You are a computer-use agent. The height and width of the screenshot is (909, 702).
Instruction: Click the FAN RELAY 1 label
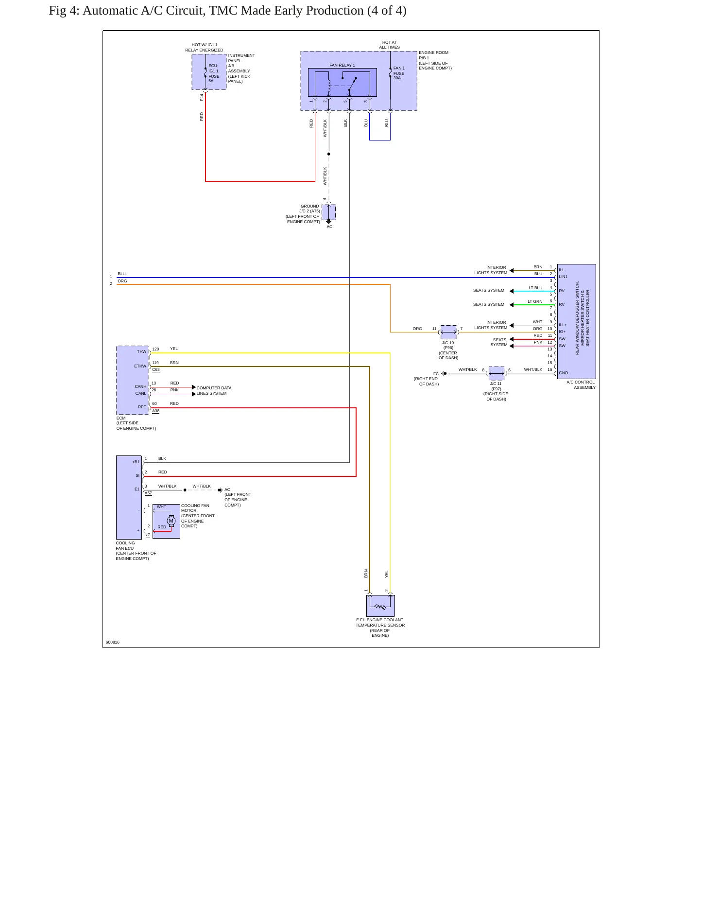pyautogui.click(x=342, y=65)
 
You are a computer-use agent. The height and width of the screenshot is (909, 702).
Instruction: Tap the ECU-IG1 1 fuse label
pyautogui.click(x=214, y=73)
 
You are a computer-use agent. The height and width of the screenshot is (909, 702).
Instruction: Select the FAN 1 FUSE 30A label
pyautogui.click(x=399, y=73)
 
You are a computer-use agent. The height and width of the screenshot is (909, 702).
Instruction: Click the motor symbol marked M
pyautogui.click(x=171, y=521)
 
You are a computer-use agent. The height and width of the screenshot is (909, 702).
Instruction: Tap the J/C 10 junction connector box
pyautogui.click(x=448, y=332)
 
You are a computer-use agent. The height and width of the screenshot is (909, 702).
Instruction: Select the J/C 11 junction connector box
pyautogui.click(x=497, y=373)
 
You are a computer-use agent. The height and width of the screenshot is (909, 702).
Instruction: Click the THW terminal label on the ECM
pyautogui.click(x=141, y=351)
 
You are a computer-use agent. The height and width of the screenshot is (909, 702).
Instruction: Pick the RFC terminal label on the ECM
pyautogui.click(x=142, y=407)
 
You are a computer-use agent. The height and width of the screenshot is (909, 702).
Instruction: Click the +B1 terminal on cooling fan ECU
pyautogui.click(x=136, y=462)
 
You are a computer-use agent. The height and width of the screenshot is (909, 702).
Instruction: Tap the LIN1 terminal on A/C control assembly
pyautogui.click(x=563, y=277)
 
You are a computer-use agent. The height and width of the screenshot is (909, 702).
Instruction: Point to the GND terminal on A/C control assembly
pyautogui.click(x=563, y=373)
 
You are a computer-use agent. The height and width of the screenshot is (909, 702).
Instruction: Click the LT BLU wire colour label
pyautogui.click(x=535, y=288)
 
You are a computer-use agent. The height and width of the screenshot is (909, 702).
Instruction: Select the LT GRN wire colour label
pyautogui.click(x=535, y=301)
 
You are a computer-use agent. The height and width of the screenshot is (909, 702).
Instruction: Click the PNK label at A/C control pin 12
pyautogui.click(x=538, y=342)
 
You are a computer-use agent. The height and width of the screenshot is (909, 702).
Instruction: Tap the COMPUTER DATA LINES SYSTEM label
pyautogui.click(x=214, y=390)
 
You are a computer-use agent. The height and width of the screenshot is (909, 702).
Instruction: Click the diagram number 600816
pyautogui.click(x=112, y=642)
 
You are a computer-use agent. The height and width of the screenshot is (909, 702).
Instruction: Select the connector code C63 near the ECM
pyautogui.click(x=156, y=369)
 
